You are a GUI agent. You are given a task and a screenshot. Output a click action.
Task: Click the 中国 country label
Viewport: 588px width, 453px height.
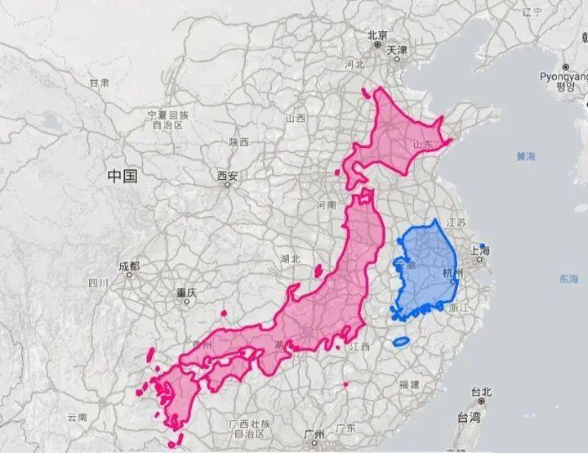[x=122, y=175]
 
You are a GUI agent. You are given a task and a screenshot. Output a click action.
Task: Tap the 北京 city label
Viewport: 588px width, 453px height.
[x=377, y=35]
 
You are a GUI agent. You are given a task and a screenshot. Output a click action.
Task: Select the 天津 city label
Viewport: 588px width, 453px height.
[x=397, y=50]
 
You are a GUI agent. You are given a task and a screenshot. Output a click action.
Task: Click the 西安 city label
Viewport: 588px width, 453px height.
[x=228, y=175]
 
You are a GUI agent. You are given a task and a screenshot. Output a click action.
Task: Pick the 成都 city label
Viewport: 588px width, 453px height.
[x=129, y=267]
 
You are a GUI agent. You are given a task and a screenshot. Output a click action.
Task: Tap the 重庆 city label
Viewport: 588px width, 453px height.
[x=186, y=292]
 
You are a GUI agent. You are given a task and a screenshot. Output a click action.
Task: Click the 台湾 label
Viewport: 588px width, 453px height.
[x=469, y=418]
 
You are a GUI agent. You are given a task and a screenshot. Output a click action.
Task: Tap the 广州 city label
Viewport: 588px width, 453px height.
[x=314, y=432]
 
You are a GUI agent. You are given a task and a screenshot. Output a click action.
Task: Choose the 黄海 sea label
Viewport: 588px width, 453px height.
[x=526, y=155]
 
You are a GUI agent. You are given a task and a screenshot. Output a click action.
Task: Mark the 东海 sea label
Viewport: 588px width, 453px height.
[x=569, y=279]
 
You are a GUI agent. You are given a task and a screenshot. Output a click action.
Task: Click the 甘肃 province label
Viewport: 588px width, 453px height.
[x=100, y=83]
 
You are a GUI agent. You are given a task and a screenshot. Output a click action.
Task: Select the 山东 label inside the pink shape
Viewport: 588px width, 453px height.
[x=422, y=144]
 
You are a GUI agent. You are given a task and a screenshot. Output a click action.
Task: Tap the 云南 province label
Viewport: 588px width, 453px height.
[x=77, y=417]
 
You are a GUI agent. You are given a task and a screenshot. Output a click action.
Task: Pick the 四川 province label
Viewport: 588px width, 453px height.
[x=98, y=283]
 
